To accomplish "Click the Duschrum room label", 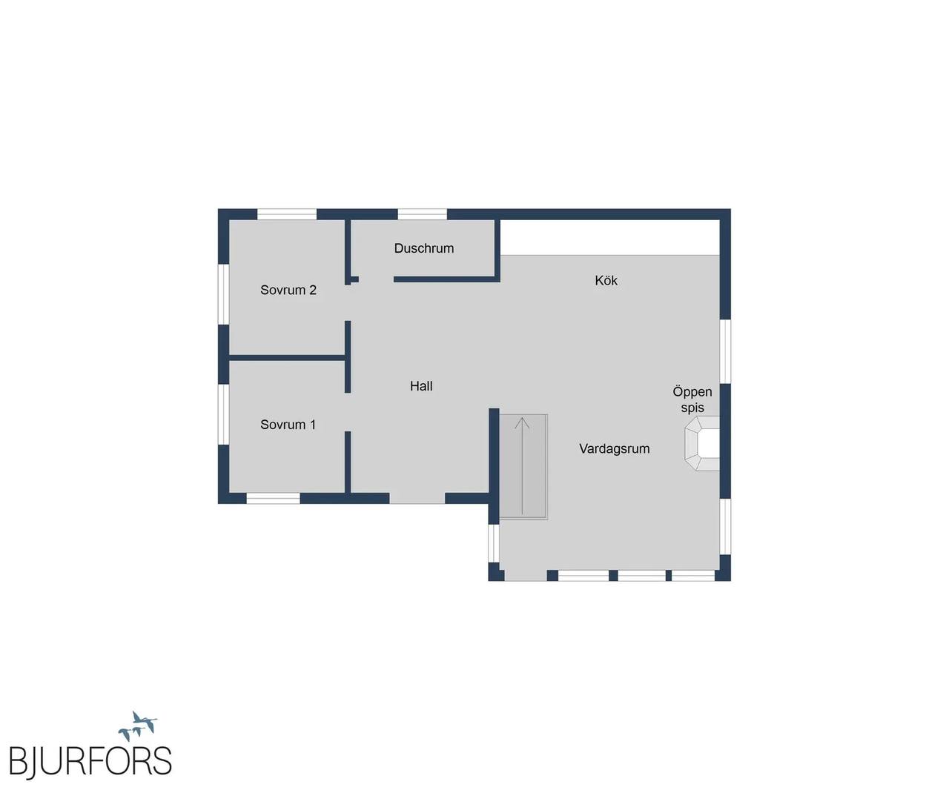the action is (423, 248).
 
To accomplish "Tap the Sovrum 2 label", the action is (288, 290).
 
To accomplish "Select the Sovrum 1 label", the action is (288, 425).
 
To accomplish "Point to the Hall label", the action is (421, 386).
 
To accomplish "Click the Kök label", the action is (606, 280).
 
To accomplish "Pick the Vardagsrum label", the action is (614, 449).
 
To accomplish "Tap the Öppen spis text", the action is (692, 399).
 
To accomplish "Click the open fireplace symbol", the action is (702, 443).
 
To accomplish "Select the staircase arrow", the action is (522, 466).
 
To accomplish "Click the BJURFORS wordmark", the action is (90, 761).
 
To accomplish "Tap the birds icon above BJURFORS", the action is (137, 727).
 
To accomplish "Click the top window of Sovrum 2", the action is (287, 214).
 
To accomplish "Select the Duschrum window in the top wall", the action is (423, 214).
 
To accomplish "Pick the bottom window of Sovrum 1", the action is (273, 498).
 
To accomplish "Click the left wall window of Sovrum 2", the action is (224, 294).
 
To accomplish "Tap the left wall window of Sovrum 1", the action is (224, 414).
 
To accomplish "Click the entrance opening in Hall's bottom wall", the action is (417, 498).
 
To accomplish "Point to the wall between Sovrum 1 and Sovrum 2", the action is (287, 358).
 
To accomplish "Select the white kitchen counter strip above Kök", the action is (610, 238).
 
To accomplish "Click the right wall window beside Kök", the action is (725, 351).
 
